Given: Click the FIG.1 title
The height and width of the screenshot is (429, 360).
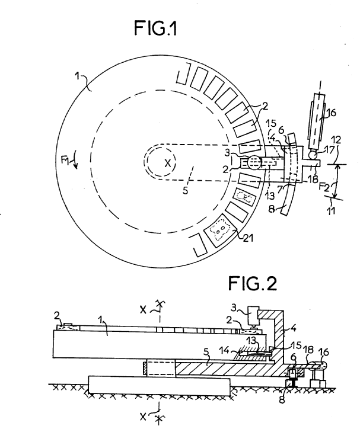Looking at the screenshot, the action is tap(155, 28).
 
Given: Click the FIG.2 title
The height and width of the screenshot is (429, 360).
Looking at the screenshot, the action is tap(253, 283).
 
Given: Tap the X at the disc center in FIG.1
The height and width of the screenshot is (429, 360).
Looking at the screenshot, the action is tap(167, 164).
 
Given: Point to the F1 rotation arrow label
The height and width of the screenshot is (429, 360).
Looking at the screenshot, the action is tap(65, 161).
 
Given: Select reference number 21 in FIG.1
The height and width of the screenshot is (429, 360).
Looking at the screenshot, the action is tap(248, 238).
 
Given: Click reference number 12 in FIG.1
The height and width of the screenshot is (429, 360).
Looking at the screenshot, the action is tap(336, 140).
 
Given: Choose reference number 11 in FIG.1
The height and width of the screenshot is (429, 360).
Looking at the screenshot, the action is tap(332, 211).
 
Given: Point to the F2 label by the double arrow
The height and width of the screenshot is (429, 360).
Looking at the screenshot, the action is tap(324, 187).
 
